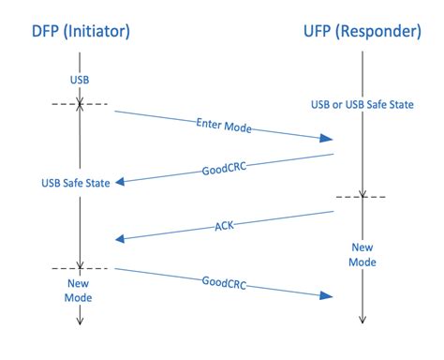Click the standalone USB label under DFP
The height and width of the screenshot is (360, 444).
pos(81,79)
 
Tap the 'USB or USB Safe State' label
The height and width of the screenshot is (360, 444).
pos(363,103)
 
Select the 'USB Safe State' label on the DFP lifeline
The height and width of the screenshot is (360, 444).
pos(82,181)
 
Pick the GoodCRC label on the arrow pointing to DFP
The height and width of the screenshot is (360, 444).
pos(224,169)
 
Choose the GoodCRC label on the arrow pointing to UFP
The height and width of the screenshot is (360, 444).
pos(225,281)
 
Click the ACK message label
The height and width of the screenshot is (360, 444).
pos(225,226)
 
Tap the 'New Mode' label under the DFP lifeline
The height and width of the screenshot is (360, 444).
pos(81,291)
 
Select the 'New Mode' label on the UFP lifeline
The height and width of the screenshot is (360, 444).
pos(363,255)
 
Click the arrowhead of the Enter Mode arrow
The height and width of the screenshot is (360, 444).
pos(328,139)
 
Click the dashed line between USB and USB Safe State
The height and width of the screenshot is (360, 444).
pos(81,103)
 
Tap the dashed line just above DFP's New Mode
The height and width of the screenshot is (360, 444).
pos(81,269)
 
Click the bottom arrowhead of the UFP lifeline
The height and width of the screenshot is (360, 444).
pos(363,322)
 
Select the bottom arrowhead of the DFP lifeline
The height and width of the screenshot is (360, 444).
pos(81,322)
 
